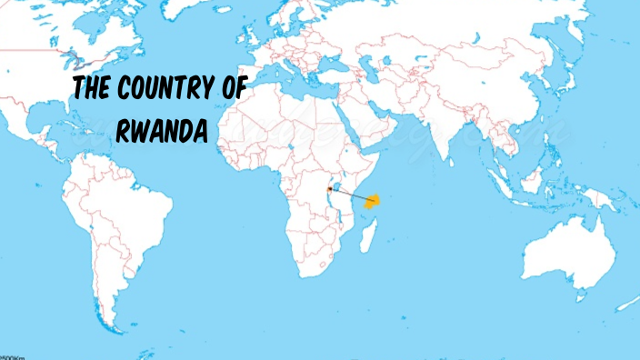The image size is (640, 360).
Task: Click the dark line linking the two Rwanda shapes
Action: [350, 195]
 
